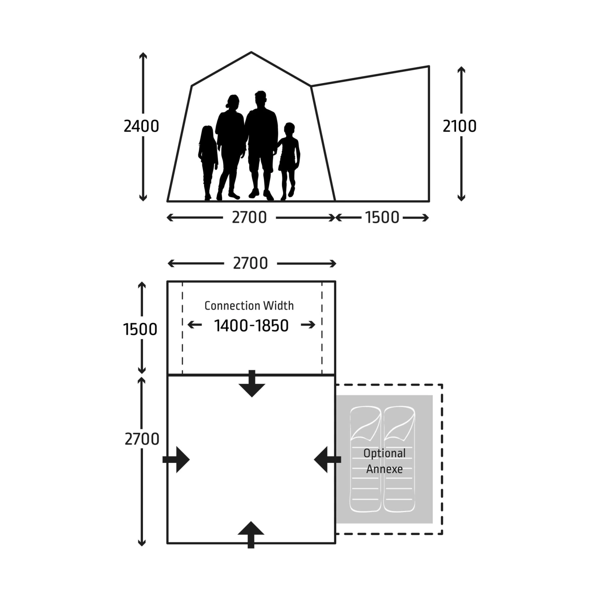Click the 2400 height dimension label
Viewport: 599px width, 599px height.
141,126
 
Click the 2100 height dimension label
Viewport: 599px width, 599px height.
460,126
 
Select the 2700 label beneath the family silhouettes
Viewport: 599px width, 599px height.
249,218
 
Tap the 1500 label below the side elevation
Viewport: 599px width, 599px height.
382,218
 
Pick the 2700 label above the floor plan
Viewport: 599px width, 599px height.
250,263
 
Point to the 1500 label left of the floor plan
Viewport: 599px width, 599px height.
140,329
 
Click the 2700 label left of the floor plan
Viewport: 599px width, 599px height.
142,439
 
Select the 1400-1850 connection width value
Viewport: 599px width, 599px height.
251,325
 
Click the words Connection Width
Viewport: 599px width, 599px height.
249,305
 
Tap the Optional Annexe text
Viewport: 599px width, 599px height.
385,461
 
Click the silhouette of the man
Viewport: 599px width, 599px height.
261,145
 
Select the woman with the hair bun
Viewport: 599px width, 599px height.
230,147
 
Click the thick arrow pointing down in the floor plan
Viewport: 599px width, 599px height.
252,384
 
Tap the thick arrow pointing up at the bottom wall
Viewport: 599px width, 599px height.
251,535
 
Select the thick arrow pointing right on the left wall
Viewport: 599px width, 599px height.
176,460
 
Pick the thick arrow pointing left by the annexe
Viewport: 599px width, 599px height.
327,460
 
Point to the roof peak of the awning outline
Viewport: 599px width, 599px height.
251,52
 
